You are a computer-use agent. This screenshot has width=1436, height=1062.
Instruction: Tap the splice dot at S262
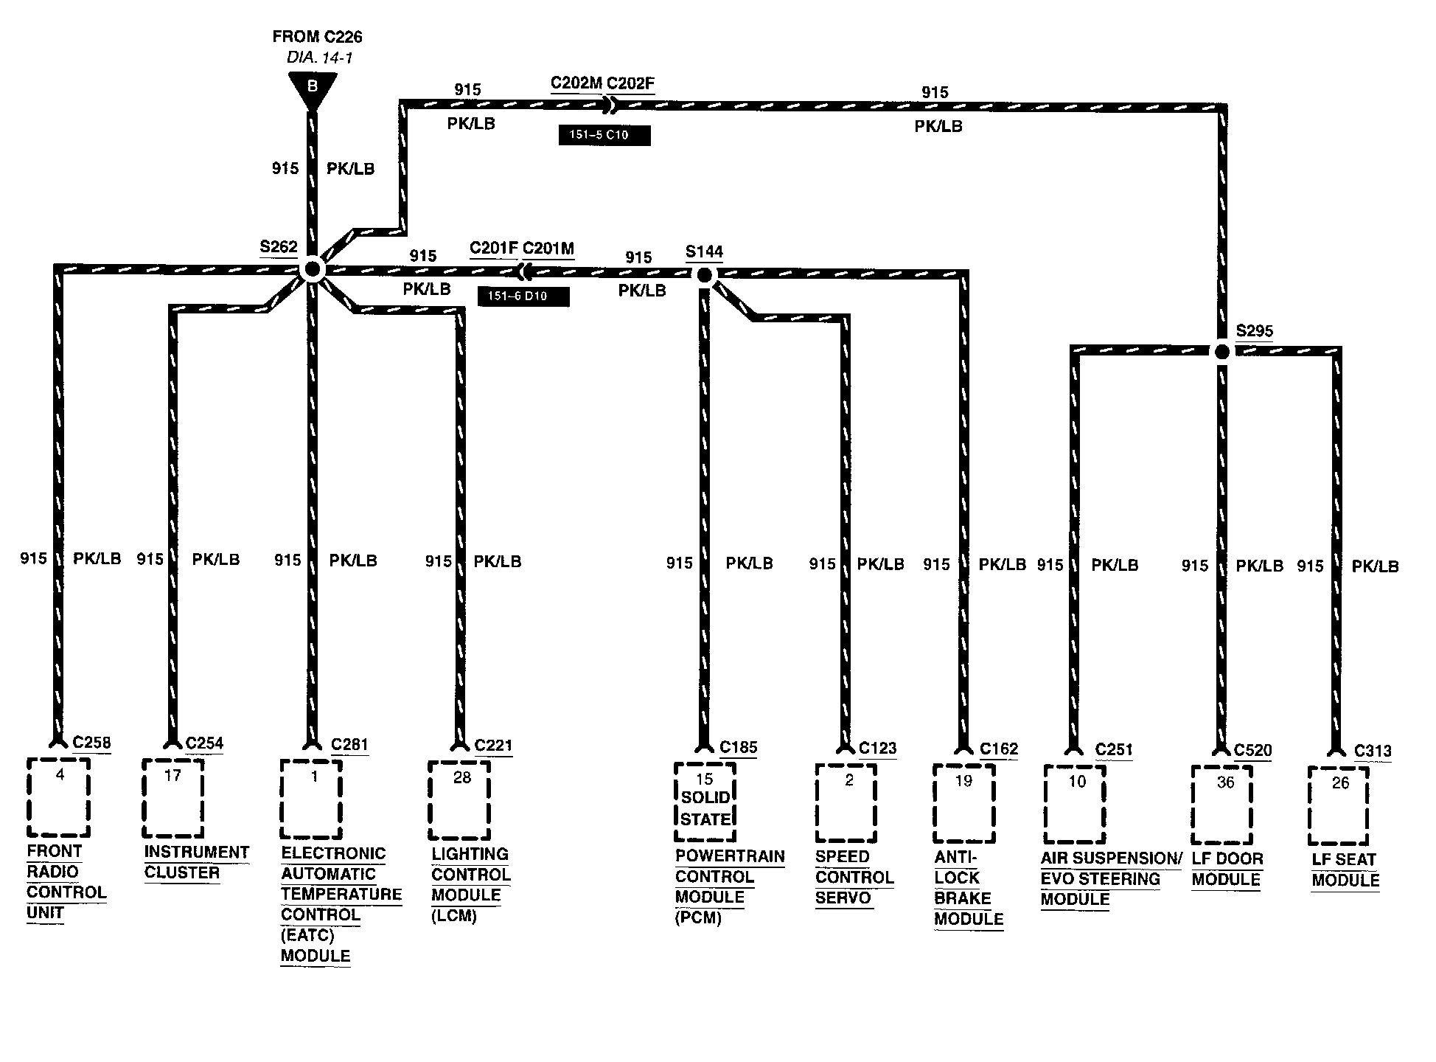[x=312, y=270]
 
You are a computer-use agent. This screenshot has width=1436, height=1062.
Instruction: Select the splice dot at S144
[x=704, y=276]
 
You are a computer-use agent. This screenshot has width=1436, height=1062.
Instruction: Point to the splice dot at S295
[x=1221, y=352]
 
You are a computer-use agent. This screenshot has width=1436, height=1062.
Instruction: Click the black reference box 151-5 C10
[x=604, y=136]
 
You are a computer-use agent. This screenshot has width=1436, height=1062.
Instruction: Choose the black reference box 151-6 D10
[x=523, y=296]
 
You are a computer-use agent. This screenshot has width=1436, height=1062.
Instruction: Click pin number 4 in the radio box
[x=60, y=775]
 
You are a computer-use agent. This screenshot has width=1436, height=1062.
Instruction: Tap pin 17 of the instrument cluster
[x=172, y=776]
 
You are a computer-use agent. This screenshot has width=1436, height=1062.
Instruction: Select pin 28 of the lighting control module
[x=461, y=778]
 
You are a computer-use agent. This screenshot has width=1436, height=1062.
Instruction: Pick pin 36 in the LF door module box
[x=1224, y=782]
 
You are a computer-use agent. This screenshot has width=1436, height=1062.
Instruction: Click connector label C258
[x=91, y=742]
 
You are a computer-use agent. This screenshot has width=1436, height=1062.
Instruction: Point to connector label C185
[x=738, y=747]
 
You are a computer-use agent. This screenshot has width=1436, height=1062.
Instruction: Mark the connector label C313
[x=1373, y=751]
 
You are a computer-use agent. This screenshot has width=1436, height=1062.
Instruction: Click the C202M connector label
[x=576, y=83]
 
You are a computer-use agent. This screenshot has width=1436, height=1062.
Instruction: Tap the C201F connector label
[x=494, y=249]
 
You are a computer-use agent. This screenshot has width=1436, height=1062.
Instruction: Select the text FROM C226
[x=317, y=37]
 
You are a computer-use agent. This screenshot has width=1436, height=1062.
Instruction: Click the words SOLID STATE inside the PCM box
[x=705, y=808]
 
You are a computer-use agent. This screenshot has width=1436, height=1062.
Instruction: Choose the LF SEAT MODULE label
[x=1345, y=870]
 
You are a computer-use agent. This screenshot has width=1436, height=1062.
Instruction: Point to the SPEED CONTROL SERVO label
[x=854, y=878]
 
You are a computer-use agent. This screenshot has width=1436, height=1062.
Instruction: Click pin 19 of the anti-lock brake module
[x=963, y=781]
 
